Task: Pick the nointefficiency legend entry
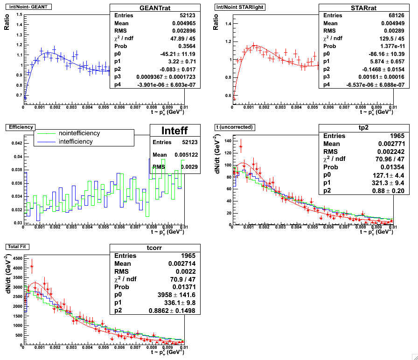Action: [x=79, y=133]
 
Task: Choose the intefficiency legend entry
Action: [x=76, y=141]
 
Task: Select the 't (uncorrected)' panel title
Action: [x=233, y=127]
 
